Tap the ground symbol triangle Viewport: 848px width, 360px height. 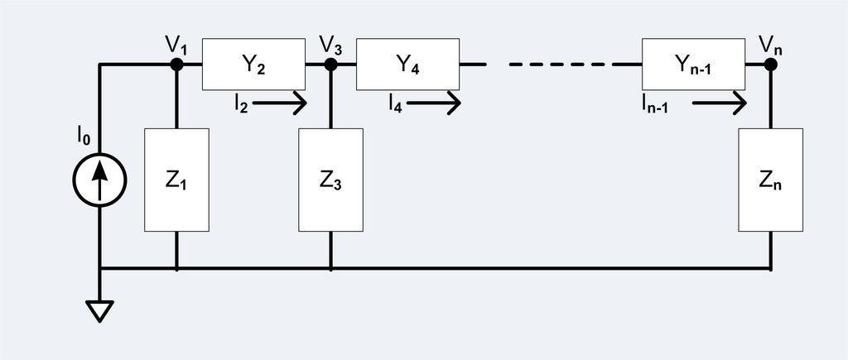coord(99,310)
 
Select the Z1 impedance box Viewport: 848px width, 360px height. coord(176,180)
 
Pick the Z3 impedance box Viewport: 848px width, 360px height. coord(330,180)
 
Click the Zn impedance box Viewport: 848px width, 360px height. coord(770,180)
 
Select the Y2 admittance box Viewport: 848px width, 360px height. coord(253,64)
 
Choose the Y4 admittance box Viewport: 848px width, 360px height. coord(407,64)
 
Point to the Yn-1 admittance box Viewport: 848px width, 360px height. coord(693,64)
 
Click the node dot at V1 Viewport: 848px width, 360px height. coord(176,64)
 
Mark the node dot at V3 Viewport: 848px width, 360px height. coord(330,64)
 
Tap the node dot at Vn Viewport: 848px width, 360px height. coord(770,64)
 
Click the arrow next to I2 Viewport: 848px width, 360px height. coord(280,103)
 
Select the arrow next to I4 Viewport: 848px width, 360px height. coord(433,103)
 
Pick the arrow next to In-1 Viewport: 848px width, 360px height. coord(719,103)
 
